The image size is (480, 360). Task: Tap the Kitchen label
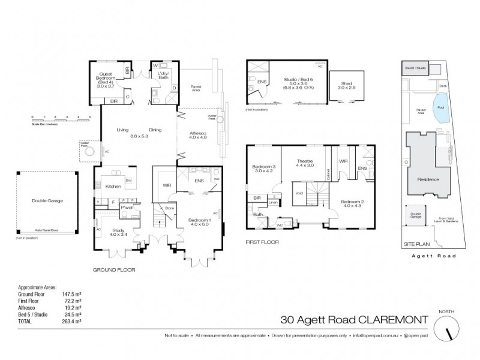tap(113, 187)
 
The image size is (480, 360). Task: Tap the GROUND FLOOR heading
tap(114, 270)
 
